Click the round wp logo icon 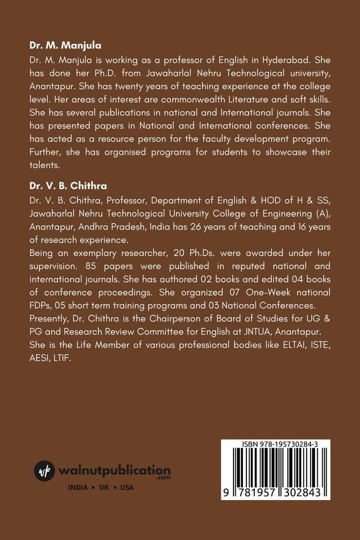click(44, 471)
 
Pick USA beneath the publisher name click(127, 487)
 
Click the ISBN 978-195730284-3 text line click(280, 444)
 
